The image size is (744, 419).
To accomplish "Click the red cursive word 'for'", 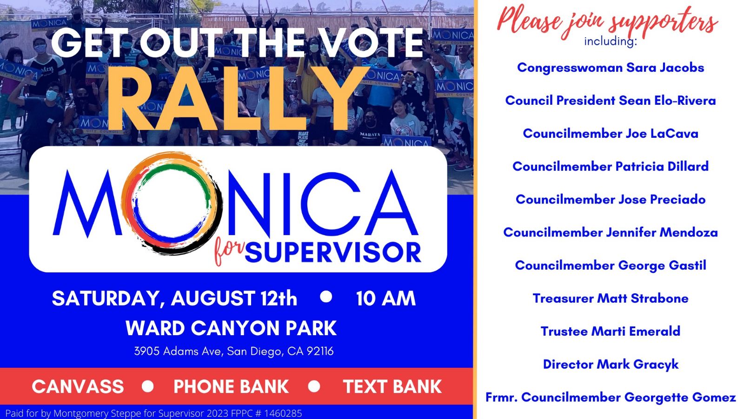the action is tap(229, 251).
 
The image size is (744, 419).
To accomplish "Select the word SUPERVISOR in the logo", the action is tap(333, 253).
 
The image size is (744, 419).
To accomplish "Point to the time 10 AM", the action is tap(386, 298).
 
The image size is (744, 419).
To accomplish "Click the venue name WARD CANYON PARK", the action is tap(231, 328).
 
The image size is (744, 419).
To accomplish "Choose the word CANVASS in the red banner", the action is tap(78, 386).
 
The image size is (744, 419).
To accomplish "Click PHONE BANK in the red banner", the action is tap(231, 386).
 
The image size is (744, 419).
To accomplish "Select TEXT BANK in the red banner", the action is tap(392, 386).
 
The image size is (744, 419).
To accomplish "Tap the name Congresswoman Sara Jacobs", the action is tap(611, 68).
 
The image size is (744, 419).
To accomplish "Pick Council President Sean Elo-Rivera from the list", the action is tap(611, 101).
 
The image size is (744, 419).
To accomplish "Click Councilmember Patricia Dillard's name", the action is tap(611, 166).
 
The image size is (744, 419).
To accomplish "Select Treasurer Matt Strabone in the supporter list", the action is tap(611, 298).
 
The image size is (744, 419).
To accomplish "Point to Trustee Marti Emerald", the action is tap(611, 331).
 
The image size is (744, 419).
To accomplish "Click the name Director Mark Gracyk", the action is tap(611, 365).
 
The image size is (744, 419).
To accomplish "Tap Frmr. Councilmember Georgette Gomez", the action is tap(611, 398).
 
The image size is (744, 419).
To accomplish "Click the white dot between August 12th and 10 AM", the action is tap(326, 297).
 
